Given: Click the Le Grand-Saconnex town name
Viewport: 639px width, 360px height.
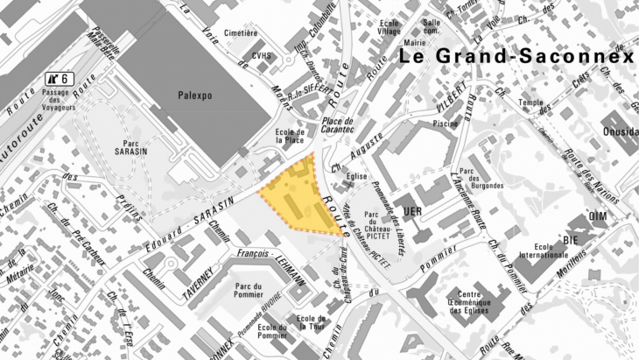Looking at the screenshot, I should [x=516, y=58].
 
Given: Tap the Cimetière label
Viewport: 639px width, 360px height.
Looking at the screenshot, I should [x=241, y=32].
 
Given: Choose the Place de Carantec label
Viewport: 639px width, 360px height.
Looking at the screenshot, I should [x=336, y=126].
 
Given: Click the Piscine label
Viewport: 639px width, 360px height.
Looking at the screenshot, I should [x=446, y=124].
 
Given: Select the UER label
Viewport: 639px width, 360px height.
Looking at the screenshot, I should [x=412, y=211].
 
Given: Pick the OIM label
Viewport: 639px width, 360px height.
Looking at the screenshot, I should [x=598, y=216].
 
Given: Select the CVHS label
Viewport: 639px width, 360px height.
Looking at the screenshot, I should [x=261, y=55].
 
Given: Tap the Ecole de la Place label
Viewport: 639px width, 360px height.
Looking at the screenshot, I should [x=290, y=135].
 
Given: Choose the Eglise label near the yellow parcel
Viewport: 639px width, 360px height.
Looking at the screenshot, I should [x=355, y=177].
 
